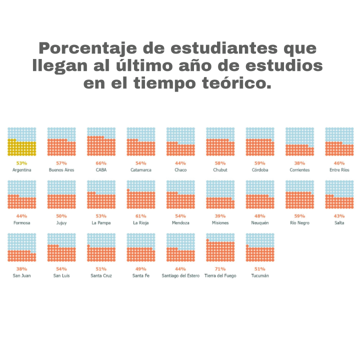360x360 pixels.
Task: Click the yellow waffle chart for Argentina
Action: tap(21, 141)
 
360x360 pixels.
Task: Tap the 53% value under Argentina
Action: tap(21, 163)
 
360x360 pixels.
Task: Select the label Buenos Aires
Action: tap(61, 170)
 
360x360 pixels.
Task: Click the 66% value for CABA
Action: tap(101, 163)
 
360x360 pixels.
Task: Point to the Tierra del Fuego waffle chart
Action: tap(220, 247)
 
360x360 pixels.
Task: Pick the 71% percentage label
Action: tap(220, 269)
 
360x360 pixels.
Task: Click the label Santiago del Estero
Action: tap(180, 276)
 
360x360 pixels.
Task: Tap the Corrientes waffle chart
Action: tap(299, 141)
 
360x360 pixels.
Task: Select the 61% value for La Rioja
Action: tap(140, 216)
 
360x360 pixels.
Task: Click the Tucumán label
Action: tap(260, 276)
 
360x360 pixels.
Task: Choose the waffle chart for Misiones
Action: tap(220, 194)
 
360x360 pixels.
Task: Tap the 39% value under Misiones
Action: tap(220, 216)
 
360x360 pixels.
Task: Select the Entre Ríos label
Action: tap(339, 170)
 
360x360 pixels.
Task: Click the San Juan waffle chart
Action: tap(21, 247)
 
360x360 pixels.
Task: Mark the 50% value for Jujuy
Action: tap(61, 216)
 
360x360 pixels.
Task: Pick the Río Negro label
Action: tap(299, 223)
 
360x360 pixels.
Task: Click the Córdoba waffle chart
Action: tap(260, 141)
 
